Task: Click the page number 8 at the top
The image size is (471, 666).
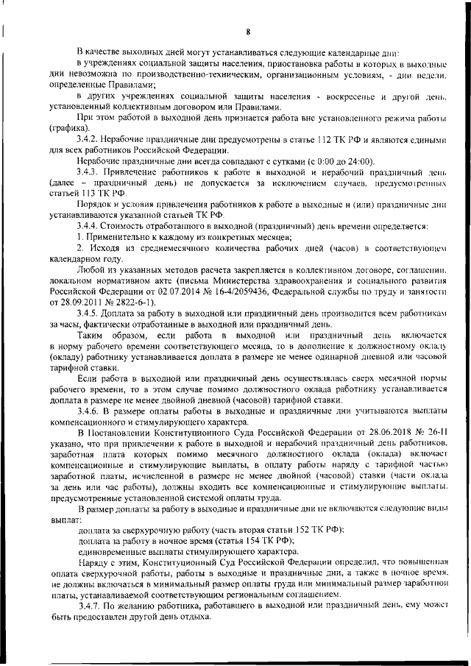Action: click(248, 32)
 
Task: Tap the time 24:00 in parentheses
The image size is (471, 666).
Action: click(356, 160)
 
